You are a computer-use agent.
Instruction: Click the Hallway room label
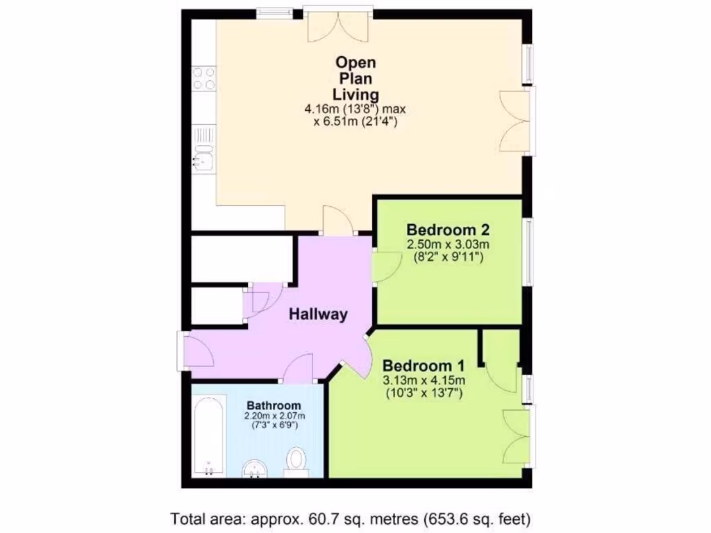tap(318, 314)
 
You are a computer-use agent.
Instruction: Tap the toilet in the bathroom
tap(297, 461)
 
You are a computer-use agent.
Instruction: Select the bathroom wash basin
tap(256, 470)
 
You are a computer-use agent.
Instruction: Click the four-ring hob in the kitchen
tap(204, 78)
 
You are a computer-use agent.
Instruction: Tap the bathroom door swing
tap(300, 369)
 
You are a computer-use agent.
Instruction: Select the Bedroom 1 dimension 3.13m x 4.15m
tap(424, 380)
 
